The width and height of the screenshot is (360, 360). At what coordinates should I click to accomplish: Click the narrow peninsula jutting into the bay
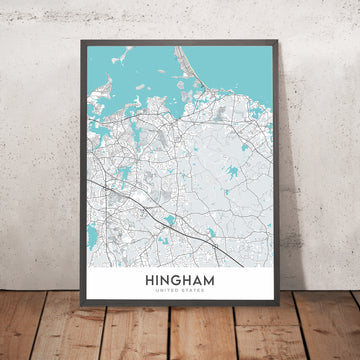[x=186, y=76]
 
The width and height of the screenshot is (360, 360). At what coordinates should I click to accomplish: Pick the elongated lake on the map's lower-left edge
[x=93, y=236]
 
